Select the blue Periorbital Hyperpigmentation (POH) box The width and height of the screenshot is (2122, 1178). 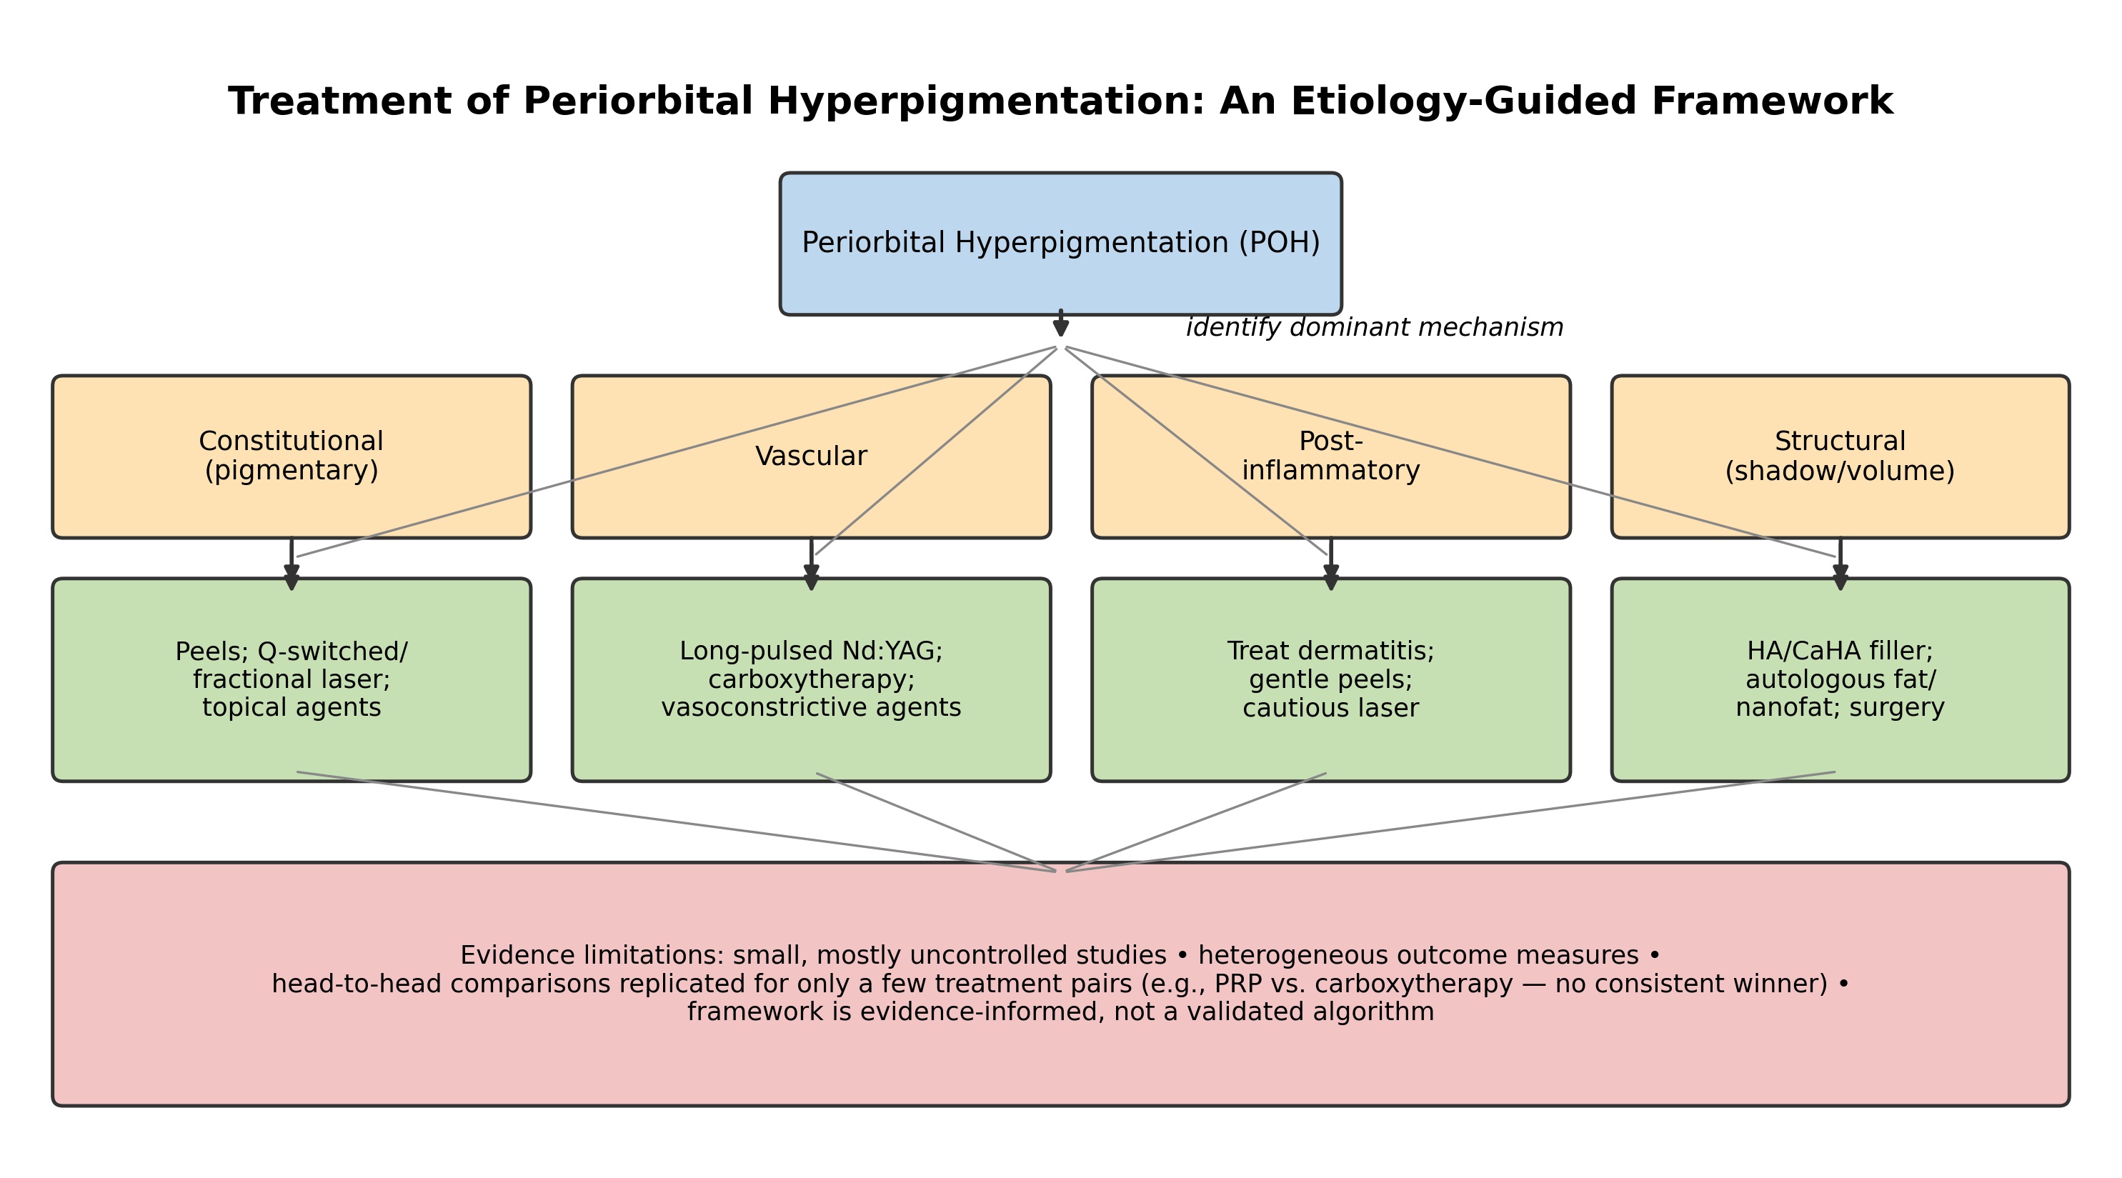[1061, 244]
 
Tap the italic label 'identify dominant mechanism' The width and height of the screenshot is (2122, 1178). [1375, 328]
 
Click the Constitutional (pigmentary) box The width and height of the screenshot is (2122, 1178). [292, 457]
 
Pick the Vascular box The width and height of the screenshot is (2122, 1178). [812, 457]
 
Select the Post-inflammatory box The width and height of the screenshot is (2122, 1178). [1331, 457]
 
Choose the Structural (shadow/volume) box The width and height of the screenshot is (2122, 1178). [1840, 457]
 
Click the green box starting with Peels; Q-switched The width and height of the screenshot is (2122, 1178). [292, 679]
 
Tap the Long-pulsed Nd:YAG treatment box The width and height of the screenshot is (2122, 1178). [812, 679]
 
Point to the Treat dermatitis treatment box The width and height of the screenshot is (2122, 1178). [1331, 679]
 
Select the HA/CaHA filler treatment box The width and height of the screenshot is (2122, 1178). [1840, 679]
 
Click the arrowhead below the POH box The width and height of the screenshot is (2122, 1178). [1061, 328]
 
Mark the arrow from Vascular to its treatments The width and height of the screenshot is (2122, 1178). [812, 564]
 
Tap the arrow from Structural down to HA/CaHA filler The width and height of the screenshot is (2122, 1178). [1840, 564]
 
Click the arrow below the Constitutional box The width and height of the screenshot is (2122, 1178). [292, 564]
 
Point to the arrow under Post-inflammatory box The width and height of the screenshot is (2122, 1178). [1331, 564]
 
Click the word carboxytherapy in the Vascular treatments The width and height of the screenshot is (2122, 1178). [812, 679]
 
